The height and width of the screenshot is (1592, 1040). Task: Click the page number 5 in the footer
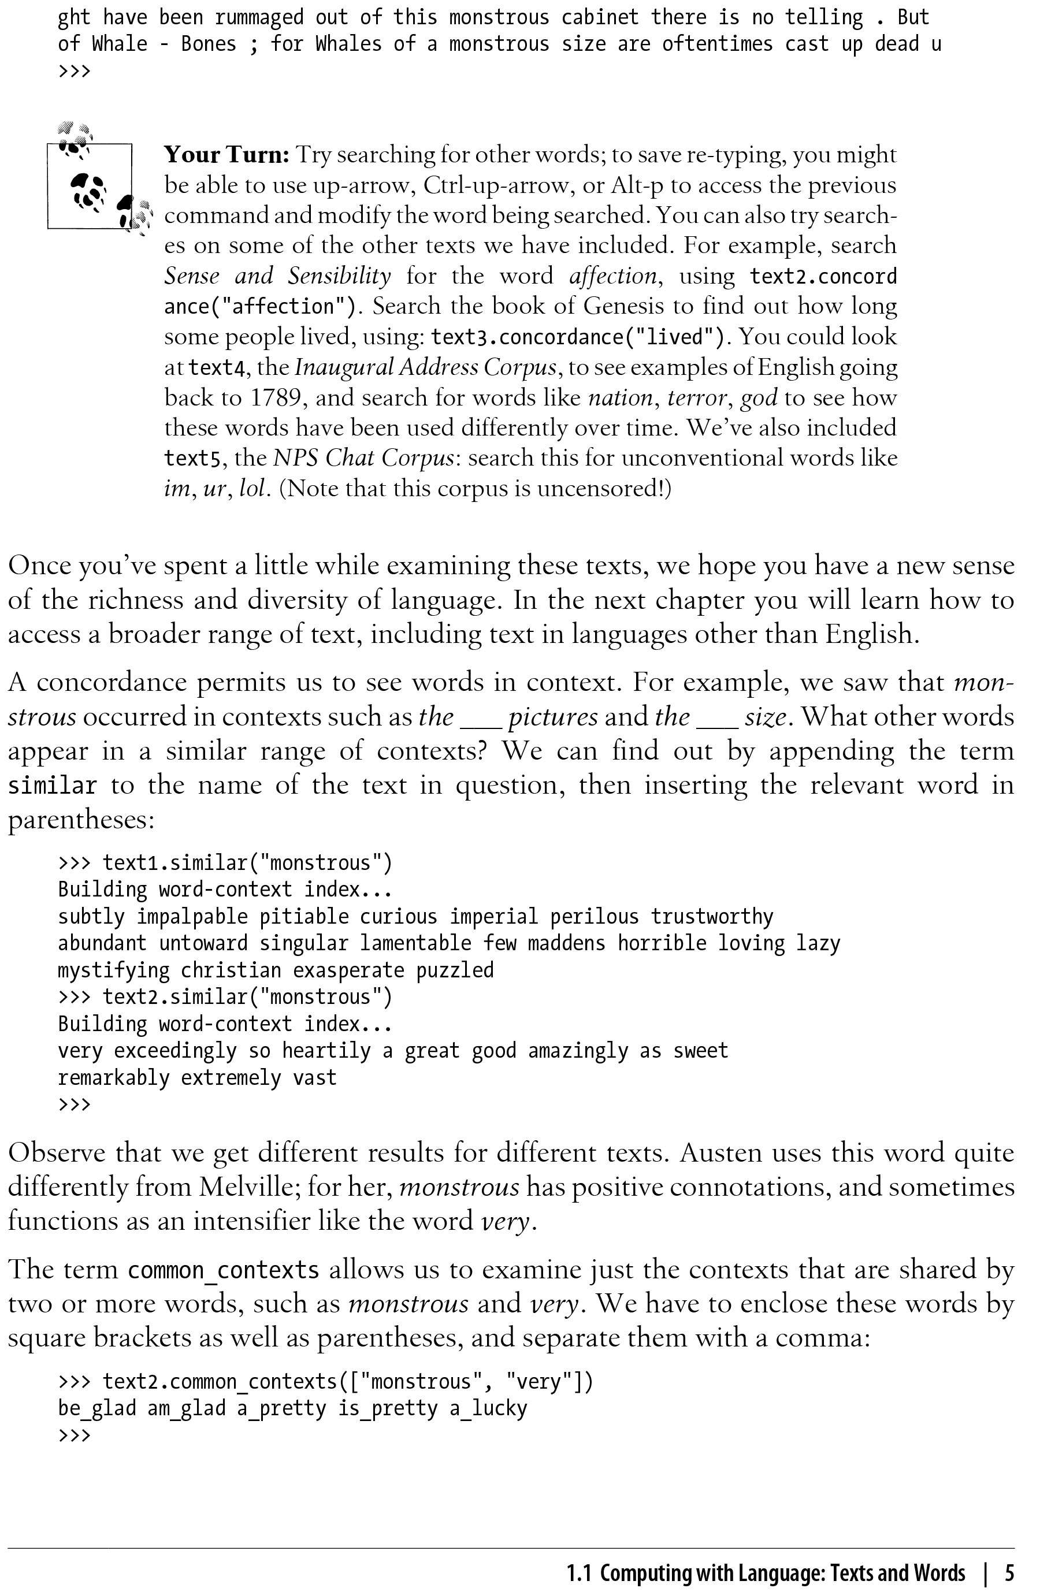[x=1009, y=1572]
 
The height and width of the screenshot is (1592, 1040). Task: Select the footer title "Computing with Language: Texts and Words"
[x=782, y=1572]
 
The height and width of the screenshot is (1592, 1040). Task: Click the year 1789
[x=276, y=398]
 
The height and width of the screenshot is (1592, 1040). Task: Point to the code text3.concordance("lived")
[x=577, y=336]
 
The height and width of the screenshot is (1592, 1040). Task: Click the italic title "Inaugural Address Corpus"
[x=425, y=367]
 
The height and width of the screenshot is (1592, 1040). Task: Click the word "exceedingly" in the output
[x=175, y=1051]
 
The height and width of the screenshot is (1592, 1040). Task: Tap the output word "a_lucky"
[x=489, y=1409]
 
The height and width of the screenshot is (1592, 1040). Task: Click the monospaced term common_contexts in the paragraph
[x=224, y=1270]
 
